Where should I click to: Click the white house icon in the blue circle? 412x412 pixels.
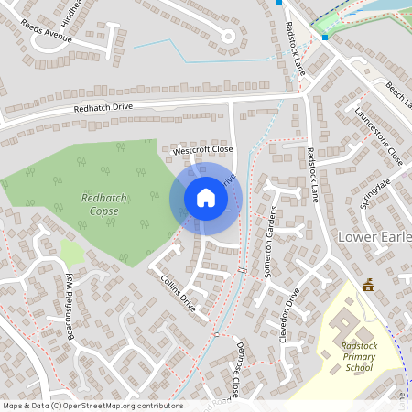[205, 198]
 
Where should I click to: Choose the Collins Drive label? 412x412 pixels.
[178, 290]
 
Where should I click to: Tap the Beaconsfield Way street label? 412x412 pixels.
[70, 308]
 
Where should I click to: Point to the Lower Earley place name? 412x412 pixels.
[375, 237]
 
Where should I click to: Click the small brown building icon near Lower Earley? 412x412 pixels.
[368, 285]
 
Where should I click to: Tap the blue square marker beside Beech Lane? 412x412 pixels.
[324, 37]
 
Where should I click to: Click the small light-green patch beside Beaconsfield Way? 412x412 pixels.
[71, 253]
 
